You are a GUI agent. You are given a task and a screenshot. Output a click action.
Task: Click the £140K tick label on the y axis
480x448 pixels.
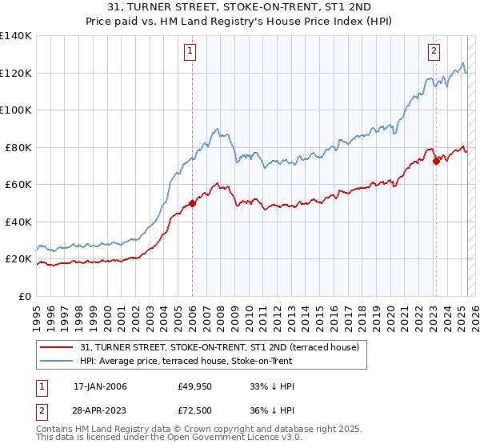point(15,36)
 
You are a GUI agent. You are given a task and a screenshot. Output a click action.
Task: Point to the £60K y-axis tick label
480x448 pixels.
point(18,185)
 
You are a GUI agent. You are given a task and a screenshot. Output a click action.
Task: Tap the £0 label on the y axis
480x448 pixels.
point(25,296)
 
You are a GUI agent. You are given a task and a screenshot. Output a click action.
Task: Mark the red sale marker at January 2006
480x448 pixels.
point(192,203)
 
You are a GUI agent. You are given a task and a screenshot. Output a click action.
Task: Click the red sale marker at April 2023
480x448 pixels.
point(436,162)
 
